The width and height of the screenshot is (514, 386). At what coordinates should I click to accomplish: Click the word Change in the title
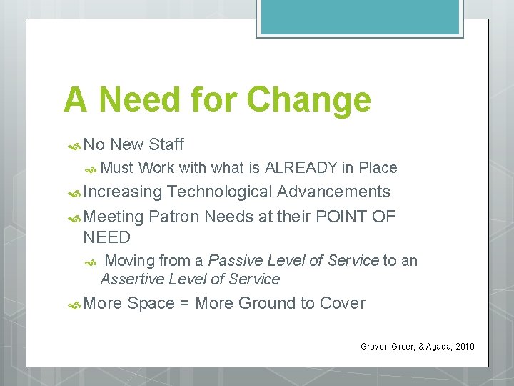coord(308,100)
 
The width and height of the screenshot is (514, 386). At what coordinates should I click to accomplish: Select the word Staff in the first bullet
coord(166,144)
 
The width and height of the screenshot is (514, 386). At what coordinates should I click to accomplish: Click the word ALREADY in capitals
coord(301,168)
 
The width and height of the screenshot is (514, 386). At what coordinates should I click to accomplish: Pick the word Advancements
coord(333,192)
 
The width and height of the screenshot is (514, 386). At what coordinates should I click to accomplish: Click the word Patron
coord(175,217)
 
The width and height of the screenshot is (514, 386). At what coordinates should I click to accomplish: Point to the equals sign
coord(184,303)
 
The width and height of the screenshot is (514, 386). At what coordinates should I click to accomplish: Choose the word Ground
coord(266,303)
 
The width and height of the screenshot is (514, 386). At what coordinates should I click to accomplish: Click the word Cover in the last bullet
coord(342,303)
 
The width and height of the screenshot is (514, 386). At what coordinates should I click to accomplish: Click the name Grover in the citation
coord(374,347)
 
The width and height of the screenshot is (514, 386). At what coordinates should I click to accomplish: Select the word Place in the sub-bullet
coord(378,168)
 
